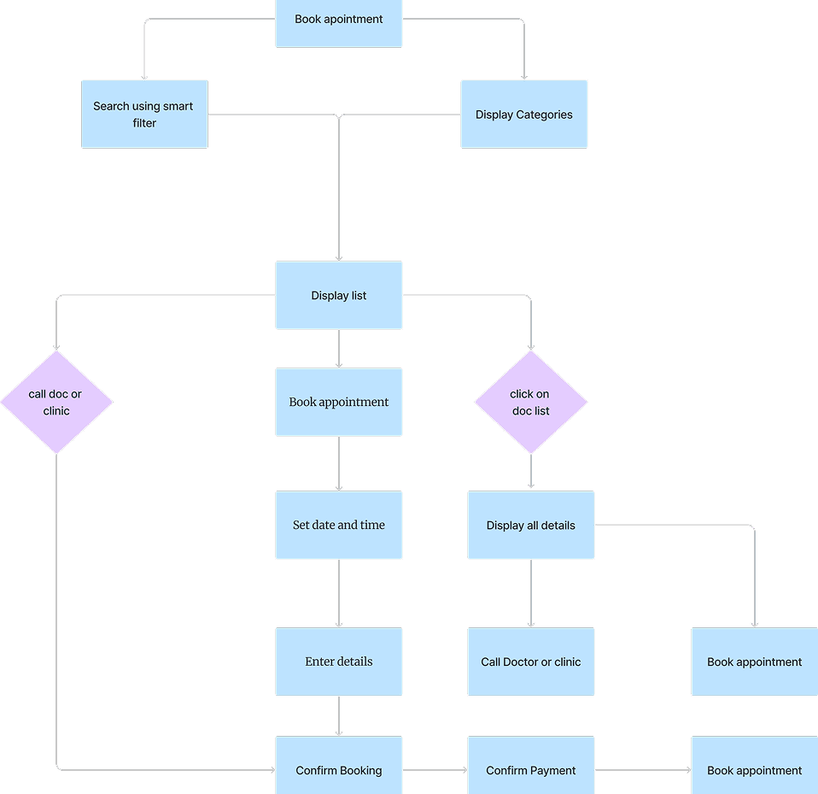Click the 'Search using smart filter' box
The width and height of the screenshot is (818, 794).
(144, 115)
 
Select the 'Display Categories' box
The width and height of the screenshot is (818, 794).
(524, 115)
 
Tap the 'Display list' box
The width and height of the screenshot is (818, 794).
(339, 296)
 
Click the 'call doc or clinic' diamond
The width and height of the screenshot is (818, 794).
(56, 403)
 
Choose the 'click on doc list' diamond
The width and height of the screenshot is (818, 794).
(530, 403)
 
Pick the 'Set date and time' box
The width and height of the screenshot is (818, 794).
(339, 525)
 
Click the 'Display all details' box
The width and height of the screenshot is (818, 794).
(531, 525)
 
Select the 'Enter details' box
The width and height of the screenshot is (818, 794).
(339, 662)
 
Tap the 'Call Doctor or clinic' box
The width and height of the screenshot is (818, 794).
(531, 662)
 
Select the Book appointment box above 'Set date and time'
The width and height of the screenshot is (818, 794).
(339, 402)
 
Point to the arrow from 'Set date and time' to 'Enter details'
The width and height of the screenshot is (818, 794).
(339, 594)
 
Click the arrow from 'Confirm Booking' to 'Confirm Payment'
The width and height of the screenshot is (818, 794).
(435, 770)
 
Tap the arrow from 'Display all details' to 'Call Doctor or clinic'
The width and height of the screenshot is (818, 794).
(531, 594)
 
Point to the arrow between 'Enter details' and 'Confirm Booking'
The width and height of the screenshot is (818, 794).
(339, 716)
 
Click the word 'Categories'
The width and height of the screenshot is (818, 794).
(545, 115)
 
